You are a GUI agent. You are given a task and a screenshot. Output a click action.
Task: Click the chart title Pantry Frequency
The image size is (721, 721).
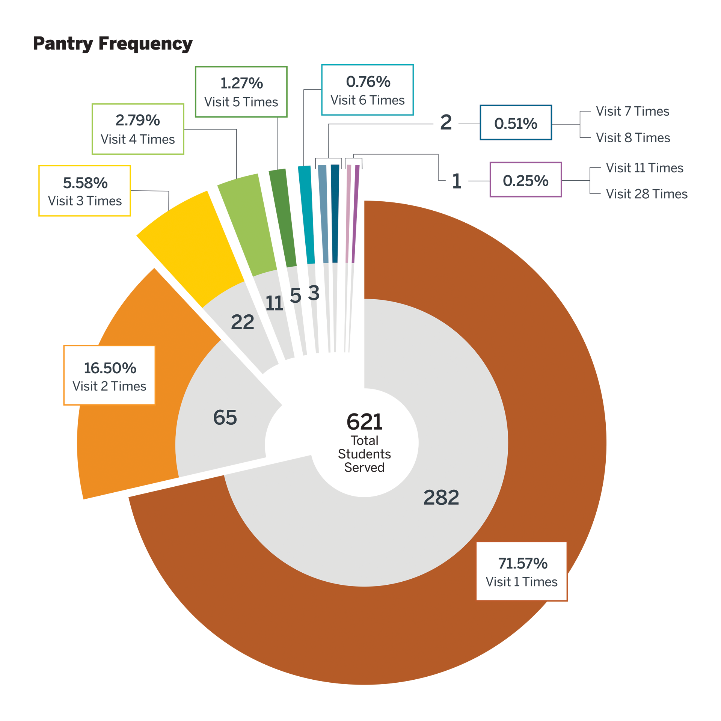[113, 44]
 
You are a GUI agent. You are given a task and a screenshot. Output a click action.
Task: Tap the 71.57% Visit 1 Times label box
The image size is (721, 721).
[521, 572]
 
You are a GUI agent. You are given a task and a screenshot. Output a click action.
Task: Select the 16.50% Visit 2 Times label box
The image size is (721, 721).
[109, 376]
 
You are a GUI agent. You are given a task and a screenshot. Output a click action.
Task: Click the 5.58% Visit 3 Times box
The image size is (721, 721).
[85, 191]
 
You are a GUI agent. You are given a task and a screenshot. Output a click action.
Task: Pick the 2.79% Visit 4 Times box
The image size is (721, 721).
[138, 129]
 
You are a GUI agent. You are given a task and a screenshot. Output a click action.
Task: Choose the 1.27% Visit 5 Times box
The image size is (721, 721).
[241, 92]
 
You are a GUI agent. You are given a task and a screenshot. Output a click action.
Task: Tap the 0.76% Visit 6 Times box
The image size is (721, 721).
[367, 90]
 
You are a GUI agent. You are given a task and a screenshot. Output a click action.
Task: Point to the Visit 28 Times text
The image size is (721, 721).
[646, 194]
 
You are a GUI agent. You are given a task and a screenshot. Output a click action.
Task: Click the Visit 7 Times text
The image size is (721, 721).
[632, 111]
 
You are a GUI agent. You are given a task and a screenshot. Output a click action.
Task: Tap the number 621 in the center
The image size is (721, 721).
[364, 422]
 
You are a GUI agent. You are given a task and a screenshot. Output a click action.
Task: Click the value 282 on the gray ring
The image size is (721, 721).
[441, 498]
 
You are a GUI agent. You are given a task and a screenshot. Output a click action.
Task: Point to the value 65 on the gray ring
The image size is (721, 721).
[225, 417]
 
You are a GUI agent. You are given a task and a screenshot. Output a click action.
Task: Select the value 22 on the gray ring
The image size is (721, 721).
[242, 322]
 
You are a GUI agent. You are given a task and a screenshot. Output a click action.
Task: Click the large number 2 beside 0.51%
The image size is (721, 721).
[446, 122]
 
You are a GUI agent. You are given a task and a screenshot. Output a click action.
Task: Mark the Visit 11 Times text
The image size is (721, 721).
[644, 168]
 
